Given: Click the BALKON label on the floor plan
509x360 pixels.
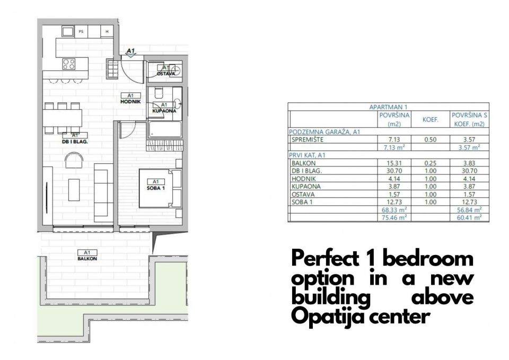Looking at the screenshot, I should pyautogui.click(x=83, y=255).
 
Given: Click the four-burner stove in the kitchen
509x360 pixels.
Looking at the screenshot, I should pyautogui.click(x=69, y=64).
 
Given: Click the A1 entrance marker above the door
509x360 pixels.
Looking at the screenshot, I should pyautogui.click(x=130, y=51).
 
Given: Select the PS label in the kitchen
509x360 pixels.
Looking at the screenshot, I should pyautogui.click(x=81, y=32).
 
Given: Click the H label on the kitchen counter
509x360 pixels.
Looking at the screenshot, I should pyautogui.click(x=107, y=32).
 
